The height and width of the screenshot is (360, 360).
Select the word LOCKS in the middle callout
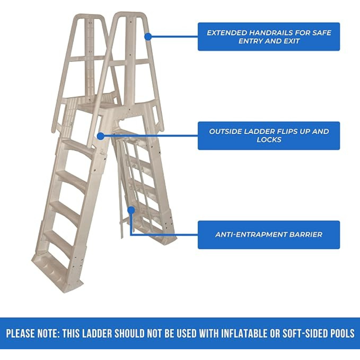click(x=269, y=140)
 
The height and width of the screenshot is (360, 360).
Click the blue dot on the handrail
click(x=148, y=36)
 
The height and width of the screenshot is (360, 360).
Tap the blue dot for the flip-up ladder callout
click(x=100, y=136)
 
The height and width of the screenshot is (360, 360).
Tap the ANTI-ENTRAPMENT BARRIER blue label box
click(x=269, y=235)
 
